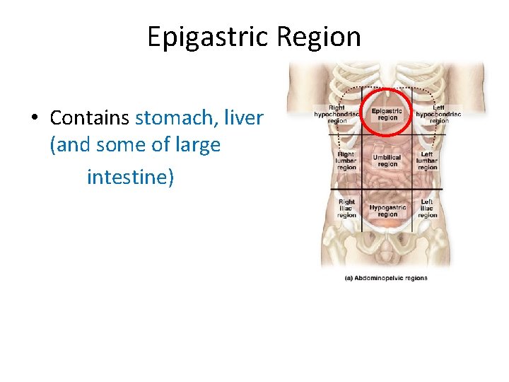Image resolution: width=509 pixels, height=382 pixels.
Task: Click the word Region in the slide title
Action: (x=317, y=37)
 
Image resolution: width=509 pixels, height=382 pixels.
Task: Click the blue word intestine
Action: (x=129, y=176)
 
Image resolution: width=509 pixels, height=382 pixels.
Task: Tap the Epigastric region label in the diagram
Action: (x=387, y=114)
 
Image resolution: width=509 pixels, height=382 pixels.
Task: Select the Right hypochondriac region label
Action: (x=337, y=115)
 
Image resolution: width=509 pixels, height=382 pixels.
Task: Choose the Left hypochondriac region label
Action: (x=438, y=115)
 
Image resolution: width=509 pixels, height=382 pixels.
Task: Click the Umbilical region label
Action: (x=387, y=161)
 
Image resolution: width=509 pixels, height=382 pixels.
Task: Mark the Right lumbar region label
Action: (x=346, y=161)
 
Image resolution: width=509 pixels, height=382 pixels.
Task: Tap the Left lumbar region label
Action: (x=427, y=161)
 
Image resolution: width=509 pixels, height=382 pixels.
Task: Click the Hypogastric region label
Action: (x=387, y=211)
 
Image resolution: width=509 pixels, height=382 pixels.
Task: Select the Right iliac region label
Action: (x=346, y=209)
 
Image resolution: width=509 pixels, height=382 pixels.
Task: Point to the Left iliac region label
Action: (x=427, y=209)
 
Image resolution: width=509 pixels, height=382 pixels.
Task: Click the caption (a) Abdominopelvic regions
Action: (x=386, y=278)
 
